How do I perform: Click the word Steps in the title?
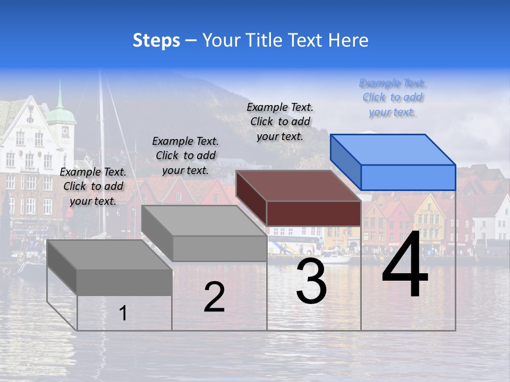156,40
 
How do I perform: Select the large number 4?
405,265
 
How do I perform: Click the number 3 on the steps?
311,282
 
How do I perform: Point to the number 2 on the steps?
214,297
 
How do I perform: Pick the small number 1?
123,314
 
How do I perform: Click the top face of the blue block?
393,149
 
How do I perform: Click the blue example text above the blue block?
393,98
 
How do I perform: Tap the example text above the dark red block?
280,121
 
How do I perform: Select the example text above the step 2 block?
185,155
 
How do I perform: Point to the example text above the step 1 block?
93,186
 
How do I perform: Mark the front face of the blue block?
408,177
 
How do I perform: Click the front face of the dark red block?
313,213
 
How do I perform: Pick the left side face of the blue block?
345,161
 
